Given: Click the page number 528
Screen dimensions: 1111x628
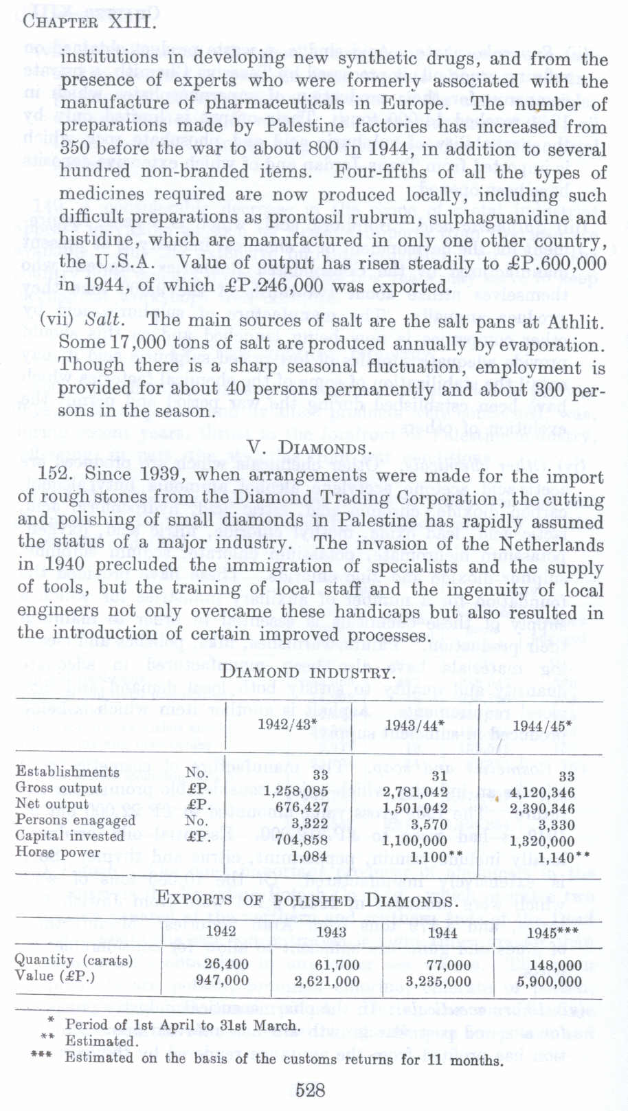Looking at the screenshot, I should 310,1090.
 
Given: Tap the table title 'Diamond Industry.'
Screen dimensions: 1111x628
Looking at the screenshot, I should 308,673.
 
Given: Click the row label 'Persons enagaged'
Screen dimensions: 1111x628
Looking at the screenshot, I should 76,820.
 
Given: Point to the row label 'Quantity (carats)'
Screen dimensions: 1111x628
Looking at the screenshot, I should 74,960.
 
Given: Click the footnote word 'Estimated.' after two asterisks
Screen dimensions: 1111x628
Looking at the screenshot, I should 102,1041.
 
